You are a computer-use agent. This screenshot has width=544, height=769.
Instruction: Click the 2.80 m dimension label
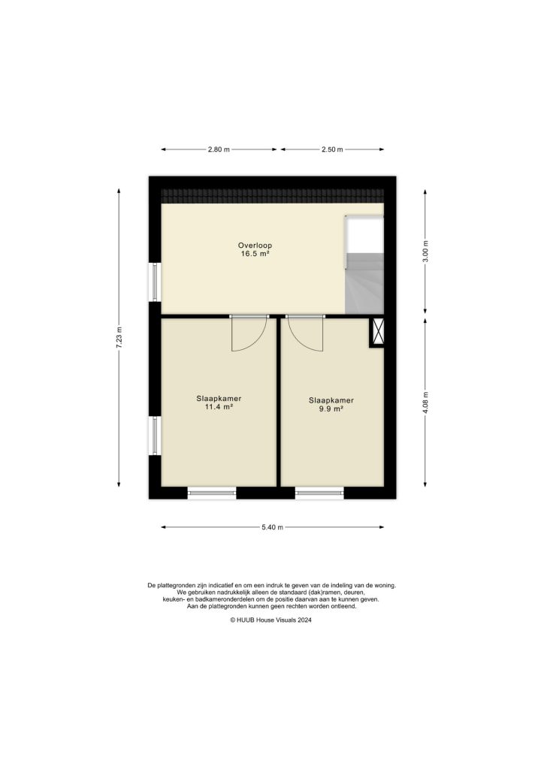pyautogui.click(x=219, y=150)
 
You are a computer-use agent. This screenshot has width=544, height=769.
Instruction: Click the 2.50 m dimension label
pyautogui.click(x=332, y=150)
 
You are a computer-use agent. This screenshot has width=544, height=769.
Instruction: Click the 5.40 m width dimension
pyautogui.click(x=272, y=527)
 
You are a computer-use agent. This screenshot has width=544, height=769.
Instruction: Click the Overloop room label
pyautogui.click(x=255, y=246)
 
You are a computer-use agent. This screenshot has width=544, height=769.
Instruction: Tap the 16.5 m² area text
pyautogui.click(x=255, y=255)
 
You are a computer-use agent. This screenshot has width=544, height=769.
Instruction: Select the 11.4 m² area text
pyautogui.click(x=218, y=407)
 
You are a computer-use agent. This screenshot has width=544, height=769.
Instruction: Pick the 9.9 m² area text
pyautogui.click(x=331, y=409)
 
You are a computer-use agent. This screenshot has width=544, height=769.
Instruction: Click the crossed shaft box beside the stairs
pyautogui.click(x=377, y=332)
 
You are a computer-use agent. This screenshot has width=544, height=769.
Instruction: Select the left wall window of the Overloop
pyautogui.click(x=155, y=282)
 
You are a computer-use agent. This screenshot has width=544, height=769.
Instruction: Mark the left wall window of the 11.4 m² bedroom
pyautogui.click(x=155, y=436)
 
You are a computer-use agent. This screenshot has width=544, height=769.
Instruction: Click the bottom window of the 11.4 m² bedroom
pyautogui.click(x=211, y=493)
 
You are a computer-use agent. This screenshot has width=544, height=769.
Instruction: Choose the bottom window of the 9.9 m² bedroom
pyautogui.click(x=319, y=493)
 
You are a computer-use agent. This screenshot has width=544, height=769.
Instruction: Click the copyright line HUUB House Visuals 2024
pyautogui.click(x=271, y=620)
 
